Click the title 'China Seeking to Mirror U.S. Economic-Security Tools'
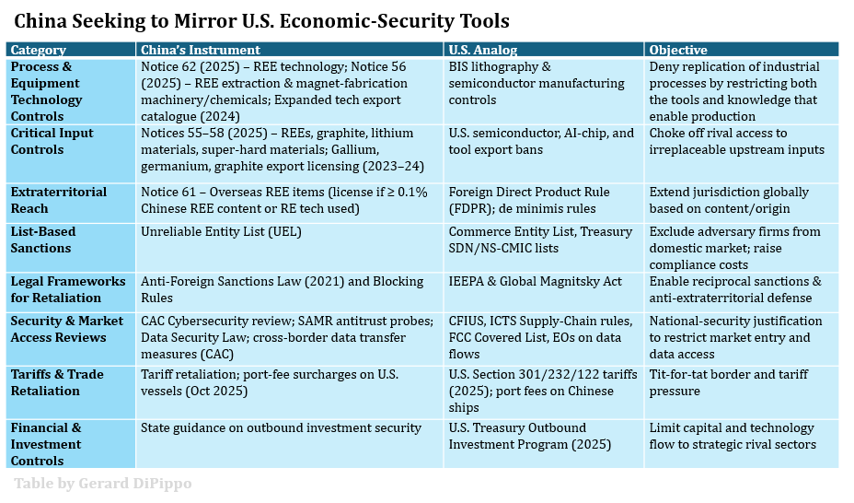tap(261, 20)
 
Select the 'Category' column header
tap(39, 50)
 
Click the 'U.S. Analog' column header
tap(483, 50)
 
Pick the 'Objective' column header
tap(678, 50)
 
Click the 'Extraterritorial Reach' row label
tap(58, 200)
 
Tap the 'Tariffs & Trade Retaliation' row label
tap(57, 382)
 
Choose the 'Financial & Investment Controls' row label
tap(46, 443)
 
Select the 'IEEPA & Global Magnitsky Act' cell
tap(535, 281)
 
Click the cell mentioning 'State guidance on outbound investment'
tap(281, 427)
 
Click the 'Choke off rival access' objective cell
tap(736, 141)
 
